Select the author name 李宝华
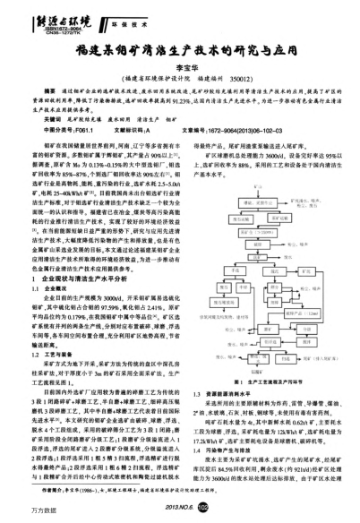coord(180,69)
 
